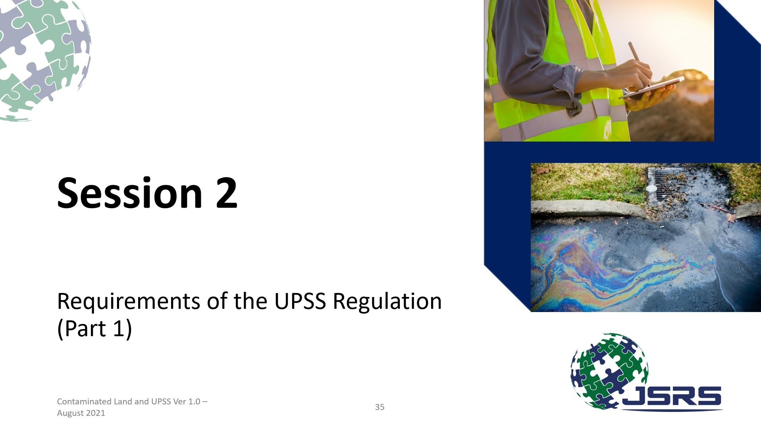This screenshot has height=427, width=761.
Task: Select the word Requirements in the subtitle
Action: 129,302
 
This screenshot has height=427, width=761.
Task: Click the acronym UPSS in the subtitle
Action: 300,301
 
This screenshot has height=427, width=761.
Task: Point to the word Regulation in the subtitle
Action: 387,303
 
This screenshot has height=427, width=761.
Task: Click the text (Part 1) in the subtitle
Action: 94,329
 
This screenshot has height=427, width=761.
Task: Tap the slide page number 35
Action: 380,407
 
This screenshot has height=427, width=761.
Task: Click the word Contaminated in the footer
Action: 84,401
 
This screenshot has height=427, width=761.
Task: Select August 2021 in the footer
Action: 81,413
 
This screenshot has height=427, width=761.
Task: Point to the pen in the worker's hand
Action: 639,63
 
